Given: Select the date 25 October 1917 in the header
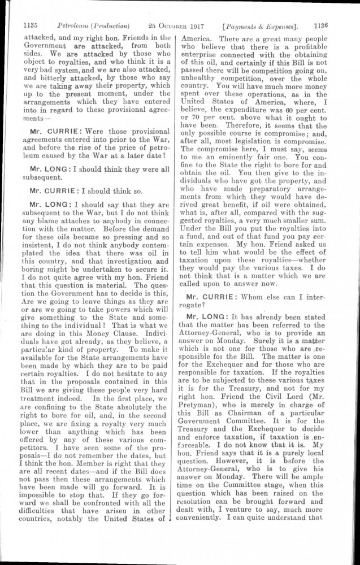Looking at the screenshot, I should pyautogui.click(x=176, y=25).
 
